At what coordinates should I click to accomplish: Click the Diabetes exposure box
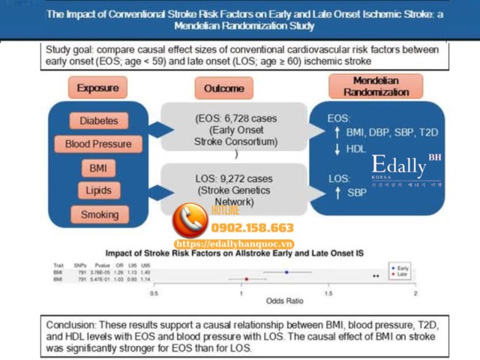(99, 121)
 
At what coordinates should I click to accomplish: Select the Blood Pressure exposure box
(98, 143)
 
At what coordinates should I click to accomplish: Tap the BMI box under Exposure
(98, 166)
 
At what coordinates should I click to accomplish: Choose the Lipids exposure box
(98, 190)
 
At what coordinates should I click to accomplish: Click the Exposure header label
(97, 88)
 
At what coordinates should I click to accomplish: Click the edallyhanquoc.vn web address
(235, 244)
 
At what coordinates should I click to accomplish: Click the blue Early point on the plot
(286, 272)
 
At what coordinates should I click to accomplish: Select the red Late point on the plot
(246, 279)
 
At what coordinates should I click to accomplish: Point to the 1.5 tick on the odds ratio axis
(328, 293)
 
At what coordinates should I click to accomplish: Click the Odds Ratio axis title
(285, 301)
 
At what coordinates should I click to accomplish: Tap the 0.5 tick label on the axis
(154, 293)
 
